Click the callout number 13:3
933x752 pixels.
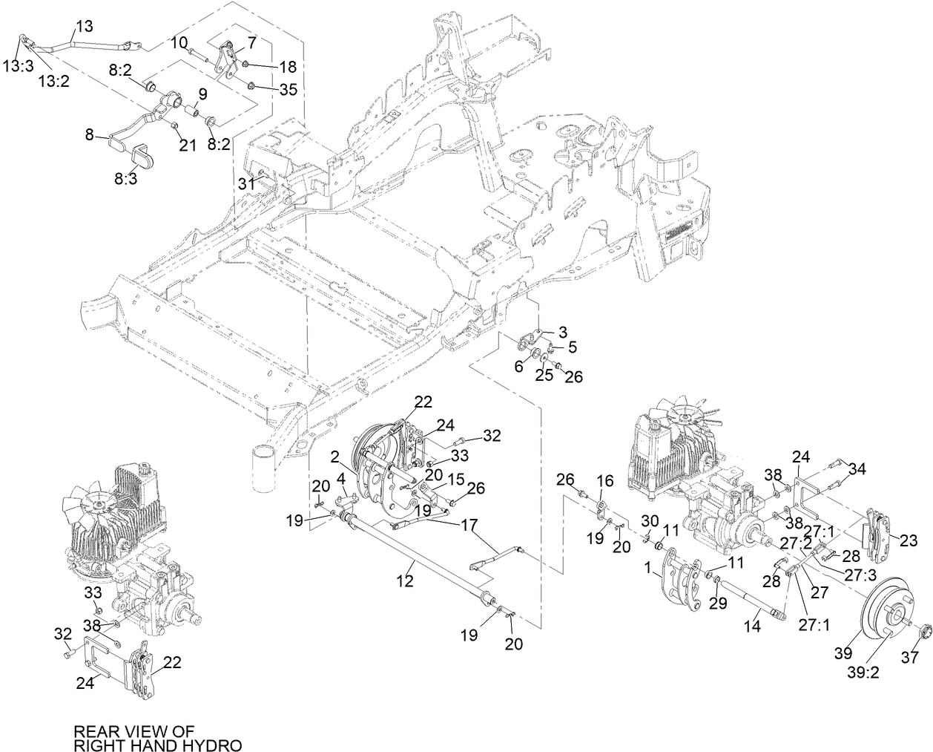17,66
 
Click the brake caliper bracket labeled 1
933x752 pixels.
681,580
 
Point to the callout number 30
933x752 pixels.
649,519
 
